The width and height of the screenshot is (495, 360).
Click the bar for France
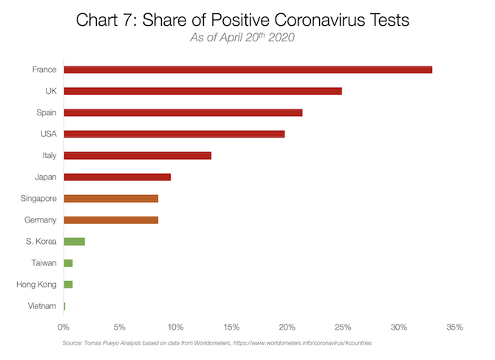[x=247, y=69]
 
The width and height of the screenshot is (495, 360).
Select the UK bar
[x=202, y=91]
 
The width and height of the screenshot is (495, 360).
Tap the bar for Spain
[x=182, y=112]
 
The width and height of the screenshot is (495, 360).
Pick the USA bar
[x=174, y=134]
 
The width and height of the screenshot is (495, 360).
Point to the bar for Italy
[x=137, y=155]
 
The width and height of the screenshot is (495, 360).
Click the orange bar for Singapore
[x=111, y=198]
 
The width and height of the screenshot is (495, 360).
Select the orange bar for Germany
[x=111, y=220]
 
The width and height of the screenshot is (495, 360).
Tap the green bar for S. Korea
[x=74, y=241]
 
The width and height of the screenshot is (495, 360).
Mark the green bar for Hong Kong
[x=68, y=284]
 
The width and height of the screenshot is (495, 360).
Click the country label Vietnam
[x=41, y=305]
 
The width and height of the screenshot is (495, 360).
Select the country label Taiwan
[x=43, y=262]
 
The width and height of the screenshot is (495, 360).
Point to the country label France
[x=44, y=69]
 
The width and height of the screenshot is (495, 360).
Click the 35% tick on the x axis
[x=454, y=326]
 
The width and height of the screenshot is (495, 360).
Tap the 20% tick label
[x=287, y=326]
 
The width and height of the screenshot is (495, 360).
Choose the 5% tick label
[x=120, y=326]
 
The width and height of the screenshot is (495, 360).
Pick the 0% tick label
[x=64, y=326]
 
